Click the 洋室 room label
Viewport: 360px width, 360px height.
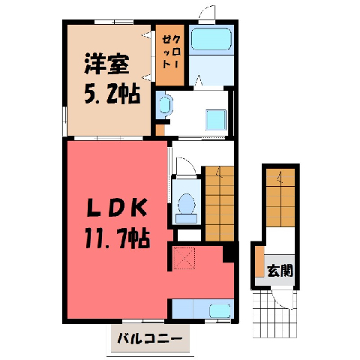point(106,64)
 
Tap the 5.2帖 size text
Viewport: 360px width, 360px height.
point(112,94)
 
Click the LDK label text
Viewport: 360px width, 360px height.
point(116,208)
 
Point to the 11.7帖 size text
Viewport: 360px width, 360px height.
point(117,238)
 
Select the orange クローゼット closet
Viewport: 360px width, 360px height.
point(170,55)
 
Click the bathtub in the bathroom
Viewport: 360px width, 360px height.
point(211,39)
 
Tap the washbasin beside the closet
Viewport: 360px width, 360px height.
point(166,105)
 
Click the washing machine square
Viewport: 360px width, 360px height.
point(216,120)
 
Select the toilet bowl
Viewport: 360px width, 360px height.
point(187,204)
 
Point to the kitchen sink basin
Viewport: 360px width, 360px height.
point(220,311)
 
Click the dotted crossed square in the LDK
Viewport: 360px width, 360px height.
point(184,258)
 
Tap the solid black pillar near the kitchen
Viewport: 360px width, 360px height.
point(228,254)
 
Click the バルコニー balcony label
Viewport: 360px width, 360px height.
point(150,339)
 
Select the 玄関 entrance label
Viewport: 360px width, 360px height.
point(280,270)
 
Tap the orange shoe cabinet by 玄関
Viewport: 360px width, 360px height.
point(259,262)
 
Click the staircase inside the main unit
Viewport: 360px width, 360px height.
point(220,204)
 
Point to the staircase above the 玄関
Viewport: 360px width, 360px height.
point(280,198)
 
